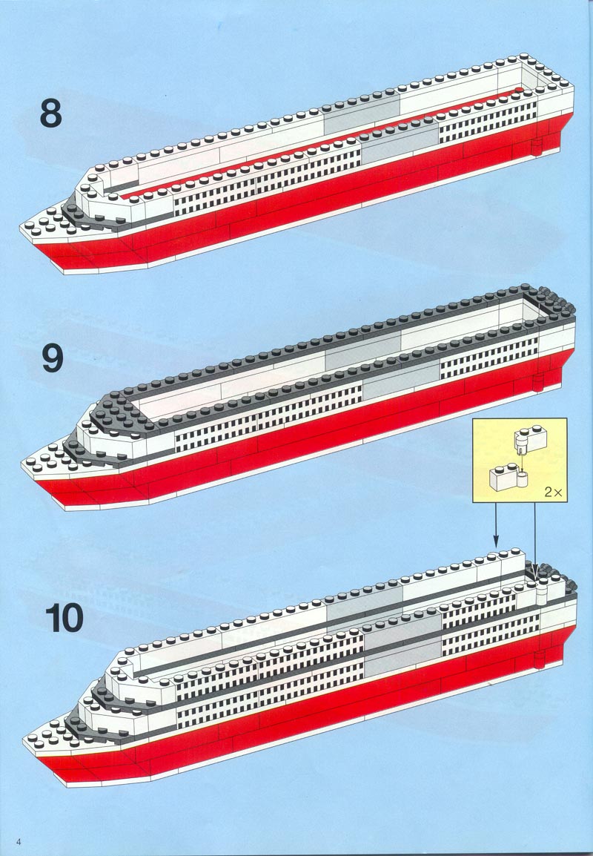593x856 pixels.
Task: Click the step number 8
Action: pos(50,114)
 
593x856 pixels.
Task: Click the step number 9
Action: pos(53,359)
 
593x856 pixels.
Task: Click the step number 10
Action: pos(64,618)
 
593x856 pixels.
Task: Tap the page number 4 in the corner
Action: pos(19,840)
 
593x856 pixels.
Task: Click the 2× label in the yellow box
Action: pos(553,492)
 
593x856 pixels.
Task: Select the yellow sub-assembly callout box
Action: pos(520,460)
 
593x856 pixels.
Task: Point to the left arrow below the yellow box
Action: pos(496,525)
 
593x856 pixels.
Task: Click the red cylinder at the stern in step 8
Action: pos(537,146)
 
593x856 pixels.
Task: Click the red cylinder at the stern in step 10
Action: pos(540,659)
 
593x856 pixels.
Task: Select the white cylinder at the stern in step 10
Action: pos(542,590)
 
